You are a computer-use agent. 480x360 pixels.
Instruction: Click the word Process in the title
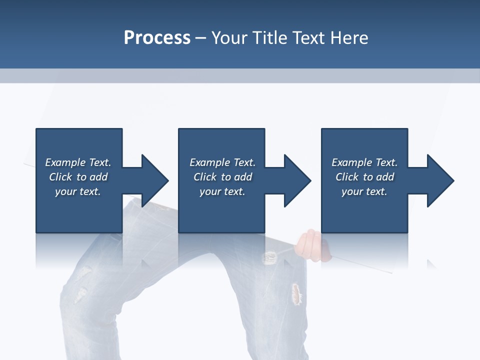tap(157, 38)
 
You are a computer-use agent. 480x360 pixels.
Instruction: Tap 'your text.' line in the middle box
tap(222, 191)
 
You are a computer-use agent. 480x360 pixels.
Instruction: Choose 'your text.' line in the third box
tap(364, 191)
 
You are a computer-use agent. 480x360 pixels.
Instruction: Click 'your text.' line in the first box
tap(77, 191)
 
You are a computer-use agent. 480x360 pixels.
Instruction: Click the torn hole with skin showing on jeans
tap(297, 294)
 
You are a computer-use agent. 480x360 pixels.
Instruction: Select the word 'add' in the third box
tap(385, 177)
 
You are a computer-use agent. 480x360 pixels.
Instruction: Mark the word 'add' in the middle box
tap(243, 177)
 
